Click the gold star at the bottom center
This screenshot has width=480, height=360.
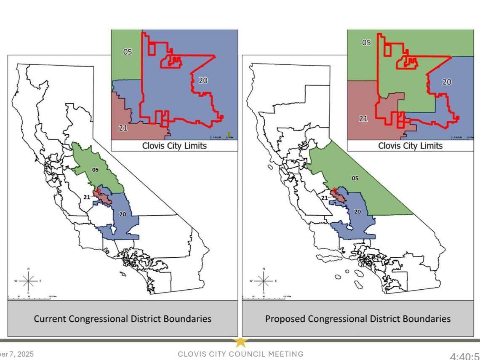[240, 341]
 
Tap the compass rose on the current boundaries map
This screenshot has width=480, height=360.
[28, 280]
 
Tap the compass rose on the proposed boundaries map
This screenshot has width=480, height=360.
[264, 280]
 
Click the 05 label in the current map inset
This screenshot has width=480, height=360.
[127, 52]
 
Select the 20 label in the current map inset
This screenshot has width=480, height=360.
[203, 80]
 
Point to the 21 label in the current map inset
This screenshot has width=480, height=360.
[123, 128]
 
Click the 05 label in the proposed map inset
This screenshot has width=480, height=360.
[367, 43]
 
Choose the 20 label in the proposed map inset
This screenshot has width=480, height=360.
[447, 82]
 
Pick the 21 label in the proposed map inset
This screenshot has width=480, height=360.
[363, 119]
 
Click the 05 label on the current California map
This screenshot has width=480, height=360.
[95, 170]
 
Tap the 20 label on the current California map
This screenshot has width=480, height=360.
[122, 214]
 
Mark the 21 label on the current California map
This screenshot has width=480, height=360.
[87, 197]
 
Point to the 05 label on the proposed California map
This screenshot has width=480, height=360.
[355, 178]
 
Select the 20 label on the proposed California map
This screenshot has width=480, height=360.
[357, 212]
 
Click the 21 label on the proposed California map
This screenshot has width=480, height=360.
[325, 198]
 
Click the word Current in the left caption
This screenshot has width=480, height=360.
[49, 318]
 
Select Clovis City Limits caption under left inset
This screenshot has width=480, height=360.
[174, 146]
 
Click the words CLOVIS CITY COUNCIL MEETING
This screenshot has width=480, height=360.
[240, 354]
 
